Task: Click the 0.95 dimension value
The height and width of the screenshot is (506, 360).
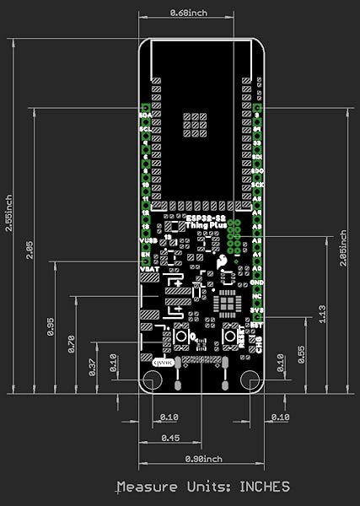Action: coord(51,327)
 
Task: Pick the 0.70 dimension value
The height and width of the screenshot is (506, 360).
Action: coord(71,343)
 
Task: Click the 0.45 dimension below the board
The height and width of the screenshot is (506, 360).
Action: coord(169,439)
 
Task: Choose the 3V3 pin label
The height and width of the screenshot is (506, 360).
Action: coord(257,310)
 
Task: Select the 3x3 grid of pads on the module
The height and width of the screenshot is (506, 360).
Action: coord(195,123)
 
